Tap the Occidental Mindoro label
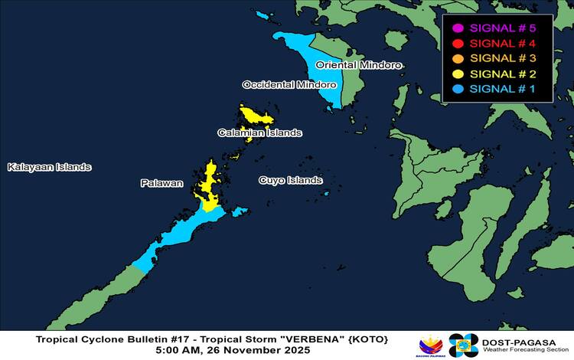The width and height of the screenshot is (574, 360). point(289,84)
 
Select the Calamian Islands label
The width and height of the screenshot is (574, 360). point(259,133)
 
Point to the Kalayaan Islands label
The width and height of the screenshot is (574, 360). point(49,167)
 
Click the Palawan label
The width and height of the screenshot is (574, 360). point(161,183)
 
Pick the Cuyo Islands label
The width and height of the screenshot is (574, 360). point(290,181)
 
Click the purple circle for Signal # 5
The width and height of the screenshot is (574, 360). point(458,28)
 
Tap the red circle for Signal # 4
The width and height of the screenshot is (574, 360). point(458,44)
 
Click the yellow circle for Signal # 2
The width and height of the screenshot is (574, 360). point(458,74)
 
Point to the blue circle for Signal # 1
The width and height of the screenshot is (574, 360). point(458,90)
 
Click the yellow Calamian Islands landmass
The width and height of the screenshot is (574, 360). point(254,117)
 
